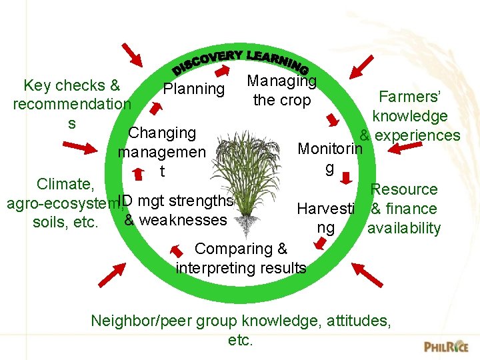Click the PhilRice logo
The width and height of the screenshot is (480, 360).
446,346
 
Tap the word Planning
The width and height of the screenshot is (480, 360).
194,89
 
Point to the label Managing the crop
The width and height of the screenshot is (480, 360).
281,91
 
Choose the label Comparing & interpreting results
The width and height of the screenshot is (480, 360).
241,259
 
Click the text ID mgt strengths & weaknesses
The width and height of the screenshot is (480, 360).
175,211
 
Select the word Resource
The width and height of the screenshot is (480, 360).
404,189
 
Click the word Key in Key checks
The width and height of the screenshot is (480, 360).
37,85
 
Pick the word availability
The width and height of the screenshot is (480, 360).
404,228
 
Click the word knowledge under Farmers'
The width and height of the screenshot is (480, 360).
410,116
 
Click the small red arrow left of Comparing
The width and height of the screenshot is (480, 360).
178,250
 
